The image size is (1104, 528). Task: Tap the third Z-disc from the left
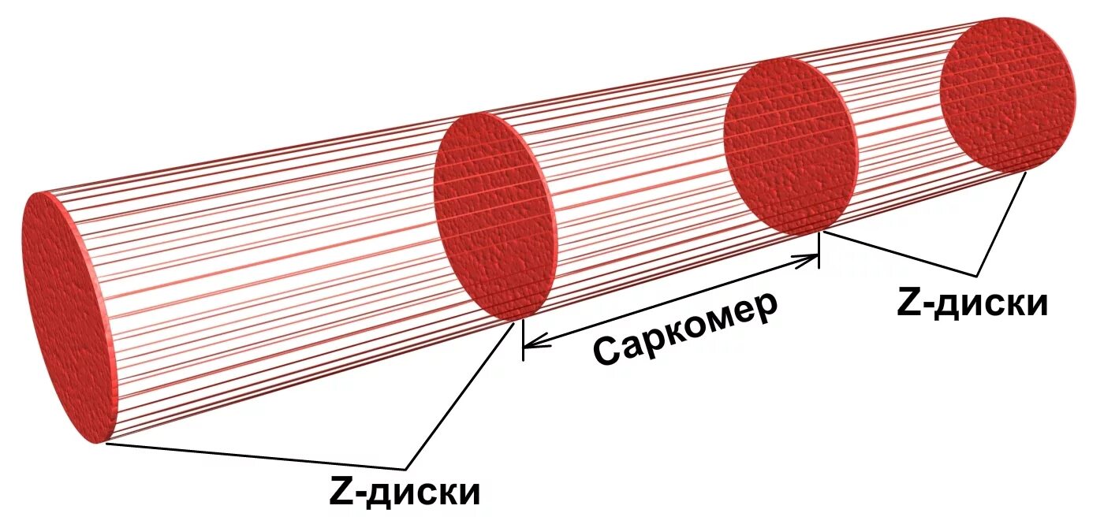pyautogui.click(x=790, y=146)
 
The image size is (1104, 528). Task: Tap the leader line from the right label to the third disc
pyautogui.click(x=899, y=253)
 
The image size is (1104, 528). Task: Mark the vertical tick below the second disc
pyautogui.click(x=523, y=340)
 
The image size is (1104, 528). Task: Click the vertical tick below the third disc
pyautogui.click(x=819, y=251)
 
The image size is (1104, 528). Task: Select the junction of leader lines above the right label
pyautogui.click(x=979, y=274)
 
